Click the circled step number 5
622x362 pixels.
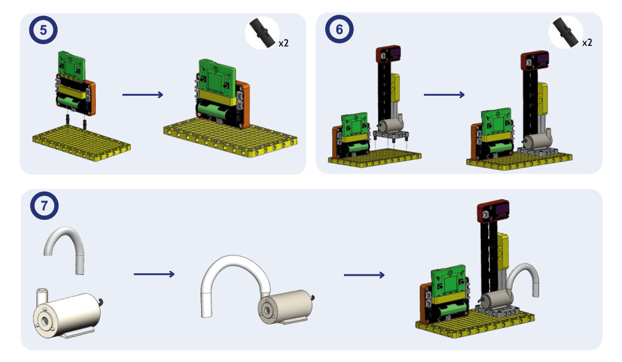tap(44, 30)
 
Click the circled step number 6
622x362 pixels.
tap(339, 29)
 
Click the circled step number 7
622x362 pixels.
tap(44, 205)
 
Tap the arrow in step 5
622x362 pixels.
tap(143, 95)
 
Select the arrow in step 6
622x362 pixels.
tap(444, 95)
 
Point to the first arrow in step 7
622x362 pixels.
tap(154, 274)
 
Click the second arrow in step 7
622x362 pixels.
tap(364, 275)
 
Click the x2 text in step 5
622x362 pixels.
tap(283, 43)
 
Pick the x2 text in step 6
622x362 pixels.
tap(587, 42)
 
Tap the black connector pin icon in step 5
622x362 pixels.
tap(262, 33)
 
